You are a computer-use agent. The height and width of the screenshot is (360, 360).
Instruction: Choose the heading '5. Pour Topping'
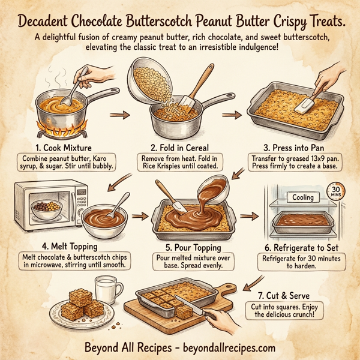pos(182,247)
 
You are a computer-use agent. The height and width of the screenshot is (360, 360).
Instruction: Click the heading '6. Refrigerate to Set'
pos(300,247)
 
